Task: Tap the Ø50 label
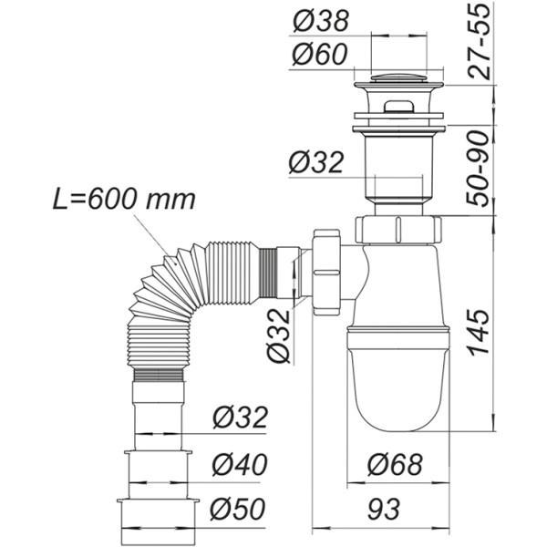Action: (x=240, y=507)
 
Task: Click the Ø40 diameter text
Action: (x=240, y=466)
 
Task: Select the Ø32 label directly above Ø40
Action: (x=240, y=419)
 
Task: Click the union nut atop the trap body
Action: (x=398, y=228)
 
